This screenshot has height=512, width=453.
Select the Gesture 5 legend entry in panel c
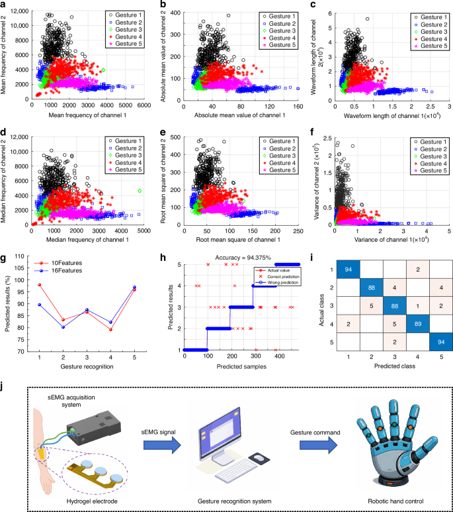point(426,48)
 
